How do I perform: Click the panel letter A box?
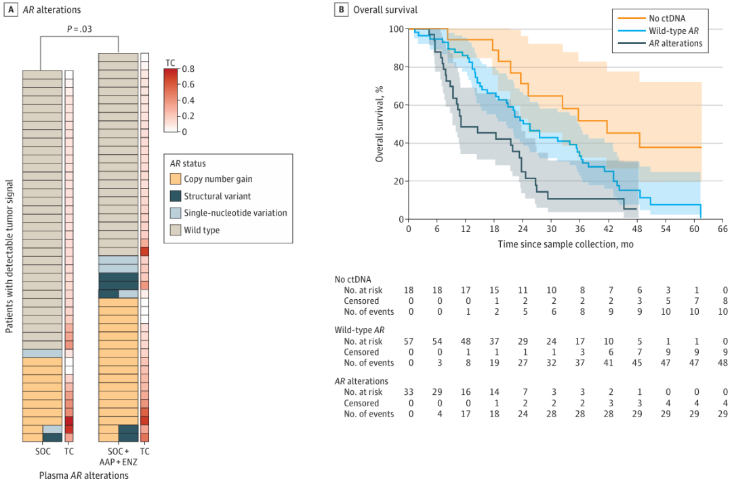click(8, 9)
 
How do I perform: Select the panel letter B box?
click(342, 9)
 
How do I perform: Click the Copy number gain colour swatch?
click(176, 179)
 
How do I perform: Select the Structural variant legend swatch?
click(176, 196)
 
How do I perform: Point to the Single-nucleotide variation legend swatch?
click(176, 213)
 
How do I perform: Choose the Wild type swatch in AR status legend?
click(176, 230)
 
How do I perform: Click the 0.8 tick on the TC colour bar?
click(188, 69)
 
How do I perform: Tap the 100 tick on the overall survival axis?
click(396, 29)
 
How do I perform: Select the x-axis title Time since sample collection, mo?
click(565, 244)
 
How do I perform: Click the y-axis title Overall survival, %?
click(380, 124)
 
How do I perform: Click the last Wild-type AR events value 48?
click(722, 363)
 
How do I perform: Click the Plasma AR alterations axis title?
click(83, 476)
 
